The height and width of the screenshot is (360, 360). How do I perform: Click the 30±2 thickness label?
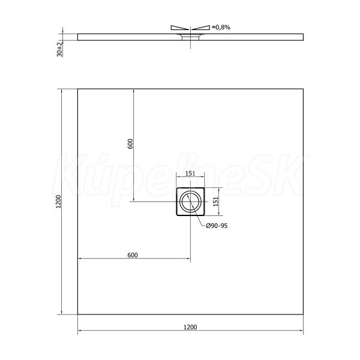(59, 49)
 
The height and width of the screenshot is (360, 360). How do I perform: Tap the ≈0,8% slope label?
(221, 28)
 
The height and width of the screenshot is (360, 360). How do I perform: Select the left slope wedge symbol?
(180, 28)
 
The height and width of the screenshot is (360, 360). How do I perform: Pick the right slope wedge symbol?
(201, 28)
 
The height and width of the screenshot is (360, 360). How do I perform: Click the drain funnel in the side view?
(190, 37)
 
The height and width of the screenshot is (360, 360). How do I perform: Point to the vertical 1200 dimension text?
(59, 202)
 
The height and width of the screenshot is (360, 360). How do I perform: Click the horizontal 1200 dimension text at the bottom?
(190, 327)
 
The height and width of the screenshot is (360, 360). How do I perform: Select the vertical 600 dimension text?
(130, 144)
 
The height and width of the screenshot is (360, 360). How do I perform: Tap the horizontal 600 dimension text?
(133, 255)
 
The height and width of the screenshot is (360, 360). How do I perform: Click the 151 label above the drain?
(190, 173)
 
